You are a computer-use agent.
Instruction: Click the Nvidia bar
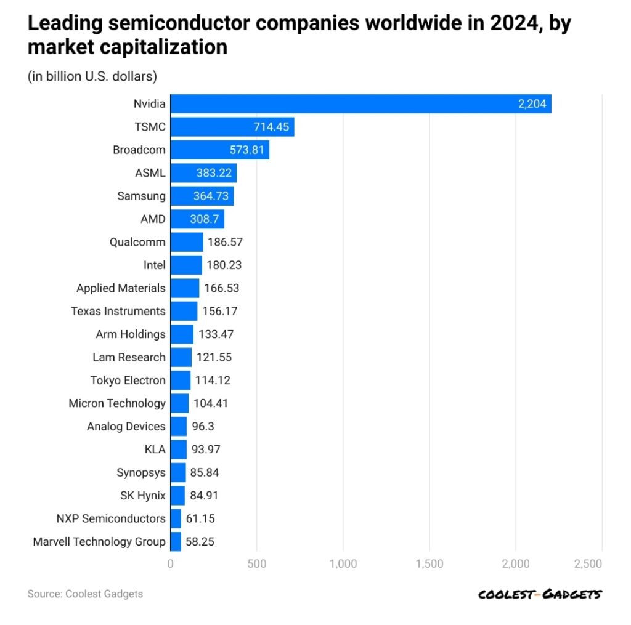tap(360, 104)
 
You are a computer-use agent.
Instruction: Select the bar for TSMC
tap(232, 127)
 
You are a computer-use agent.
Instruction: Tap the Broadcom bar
tap(219, 150)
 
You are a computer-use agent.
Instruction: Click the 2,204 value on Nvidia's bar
tap(532, 104)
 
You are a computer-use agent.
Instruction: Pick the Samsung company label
tap(141, 196)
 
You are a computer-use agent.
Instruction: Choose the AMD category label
tap(152, 219)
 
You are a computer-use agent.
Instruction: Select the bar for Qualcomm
tap(186, 242)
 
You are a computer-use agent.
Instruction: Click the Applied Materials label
tap(121, 288)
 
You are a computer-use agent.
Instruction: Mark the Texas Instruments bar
tap(184, 311)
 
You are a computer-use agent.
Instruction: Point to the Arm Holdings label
tap(131, 334)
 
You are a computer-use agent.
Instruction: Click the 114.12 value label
tap(213, 381)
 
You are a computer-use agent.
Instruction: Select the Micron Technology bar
tap(179, 403)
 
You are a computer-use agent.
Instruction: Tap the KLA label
tap(155, 450)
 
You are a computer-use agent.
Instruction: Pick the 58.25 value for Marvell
tap(200, 542)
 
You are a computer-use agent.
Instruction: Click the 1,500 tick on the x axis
tap(429, 563)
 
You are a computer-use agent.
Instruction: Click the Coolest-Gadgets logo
tap(540, 594)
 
